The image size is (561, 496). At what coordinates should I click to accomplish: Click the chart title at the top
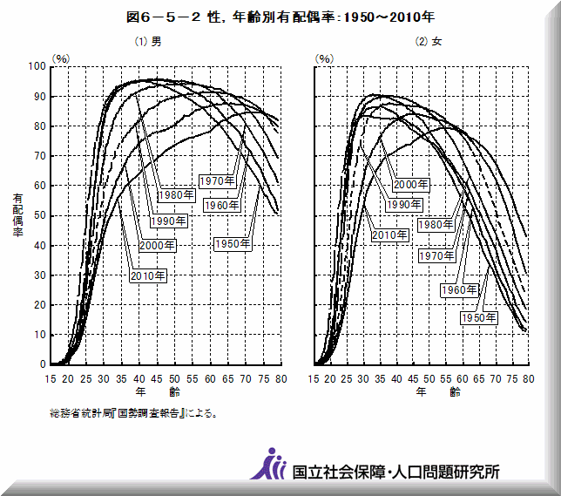pyautogui.click(x=280, y=17)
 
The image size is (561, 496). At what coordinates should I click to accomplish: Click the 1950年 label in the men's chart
pyautogui.click(x=233, y=244)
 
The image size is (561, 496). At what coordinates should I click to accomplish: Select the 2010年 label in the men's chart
pyautogui.click(x=147, y=275)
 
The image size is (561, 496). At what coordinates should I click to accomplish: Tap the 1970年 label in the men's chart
pyautogui.click(x=216, y=180)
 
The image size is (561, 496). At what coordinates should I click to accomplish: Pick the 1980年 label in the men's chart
pyautogui.click(x=176, y=194)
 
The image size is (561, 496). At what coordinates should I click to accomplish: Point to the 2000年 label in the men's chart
pyautogui.click(x=158, y=245)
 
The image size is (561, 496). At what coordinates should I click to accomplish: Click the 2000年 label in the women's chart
pyautogui.click(x=410, y=184)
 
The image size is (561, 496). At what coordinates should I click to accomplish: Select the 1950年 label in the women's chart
pyautogui.click(x=478, y=317)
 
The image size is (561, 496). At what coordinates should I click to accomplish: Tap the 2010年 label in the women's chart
pyautogui.click(x=389, y=234)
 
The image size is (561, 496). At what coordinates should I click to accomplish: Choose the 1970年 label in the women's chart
pyautogui.click(x=436, y=255)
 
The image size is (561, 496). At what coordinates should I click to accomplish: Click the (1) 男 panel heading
pyautogui.click(x=147, y=41)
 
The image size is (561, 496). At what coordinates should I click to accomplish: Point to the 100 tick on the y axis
pyautogui.click(x=36, y=66)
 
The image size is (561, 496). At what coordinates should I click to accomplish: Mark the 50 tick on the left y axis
pyautogui.click(x=39, y=215)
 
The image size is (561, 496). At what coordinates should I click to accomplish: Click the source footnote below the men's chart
pyautogui.click(x=132, y=413)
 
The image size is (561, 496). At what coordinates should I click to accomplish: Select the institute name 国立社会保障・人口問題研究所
pyautogui.click(x=396, y=472)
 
